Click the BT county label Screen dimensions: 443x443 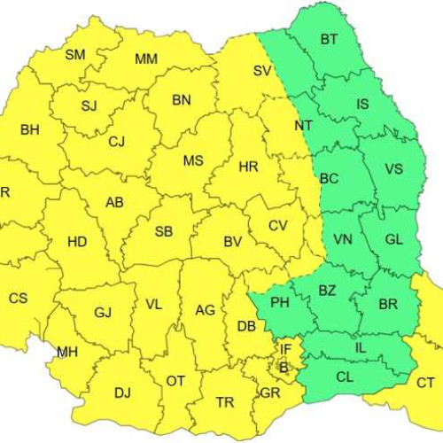[330, 39]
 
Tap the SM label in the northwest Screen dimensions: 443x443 [76, 55]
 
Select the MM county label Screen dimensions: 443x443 [146, 59]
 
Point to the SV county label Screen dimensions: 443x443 [261, 70]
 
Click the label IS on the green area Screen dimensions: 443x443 [362, 105]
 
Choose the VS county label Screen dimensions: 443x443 [393, 168]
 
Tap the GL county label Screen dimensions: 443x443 [393, 237]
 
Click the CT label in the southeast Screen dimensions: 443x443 [426, 383]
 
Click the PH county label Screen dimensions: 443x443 [280, 303]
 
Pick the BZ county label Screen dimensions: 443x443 [328, 290]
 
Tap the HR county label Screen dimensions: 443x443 [248, 166]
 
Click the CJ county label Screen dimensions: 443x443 [117, 141]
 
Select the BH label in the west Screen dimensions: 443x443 [29, 130]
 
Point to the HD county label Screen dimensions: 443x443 [77, 241]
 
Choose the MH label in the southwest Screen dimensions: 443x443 [67, 353]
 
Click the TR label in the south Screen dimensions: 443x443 [225, 402]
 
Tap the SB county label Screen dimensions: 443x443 [164, 232]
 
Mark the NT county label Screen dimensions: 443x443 [303, 126]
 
